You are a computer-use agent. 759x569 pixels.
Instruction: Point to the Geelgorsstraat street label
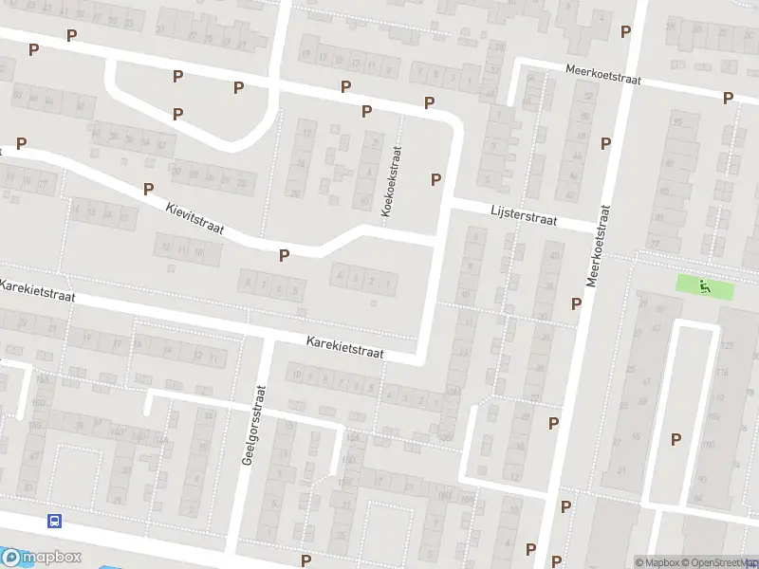tap(258, 423)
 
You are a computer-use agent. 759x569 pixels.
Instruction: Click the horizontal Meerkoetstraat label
tap(603, 75)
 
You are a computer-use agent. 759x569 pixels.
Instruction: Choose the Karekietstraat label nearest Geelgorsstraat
tap(344, 346)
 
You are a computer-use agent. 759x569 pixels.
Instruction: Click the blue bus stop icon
tap(55, 520)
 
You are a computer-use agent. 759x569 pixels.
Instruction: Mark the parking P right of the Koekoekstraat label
tap(436, 179)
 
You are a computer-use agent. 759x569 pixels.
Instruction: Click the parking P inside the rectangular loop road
tap(676, 439)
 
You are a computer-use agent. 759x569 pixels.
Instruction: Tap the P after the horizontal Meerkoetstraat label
tap(728, 98)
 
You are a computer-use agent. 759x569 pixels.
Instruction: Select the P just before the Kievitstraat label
tap(148, 190)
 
